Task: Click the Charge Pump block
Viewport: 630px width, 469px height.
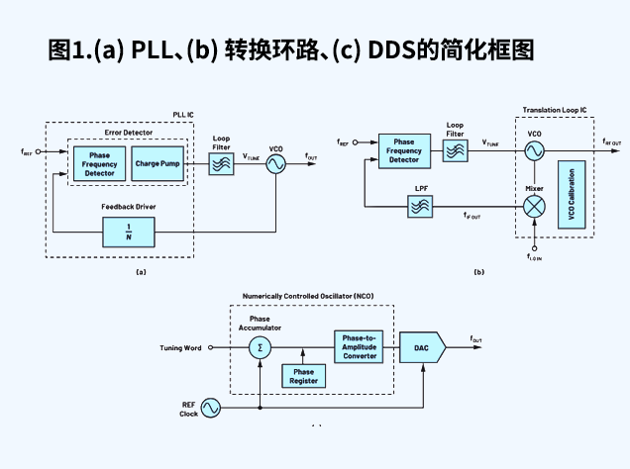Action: (x=157, y=163)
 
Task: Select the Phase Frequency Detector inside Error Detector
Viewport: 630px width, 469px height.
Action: (x=99, y=163)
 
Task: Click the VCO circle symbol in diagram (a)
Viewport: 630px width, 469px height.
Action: (x=274, y=163)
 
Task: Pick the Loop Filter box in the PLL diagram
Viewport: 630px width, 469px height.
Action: (x=222, y=163)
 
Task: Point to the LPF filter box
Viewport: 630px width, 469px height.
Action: (x=420, y=206)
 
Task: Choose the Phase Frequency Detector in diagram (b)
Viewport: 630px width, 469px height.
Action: (x=404, y=150)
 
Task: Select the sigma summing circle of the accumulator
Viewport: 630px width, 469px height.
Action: (x=260, y=347)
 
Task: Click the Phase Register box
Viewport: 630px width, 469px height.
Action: (x=303, y=376)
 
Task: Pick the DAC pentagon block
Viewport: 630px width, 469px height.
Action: (x=423, y=347)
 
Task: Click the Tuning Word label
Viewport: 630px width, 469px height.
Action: (x=180, y=348)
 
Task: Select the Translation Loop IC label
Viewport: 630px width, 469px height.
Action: (x=555, y=109)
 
